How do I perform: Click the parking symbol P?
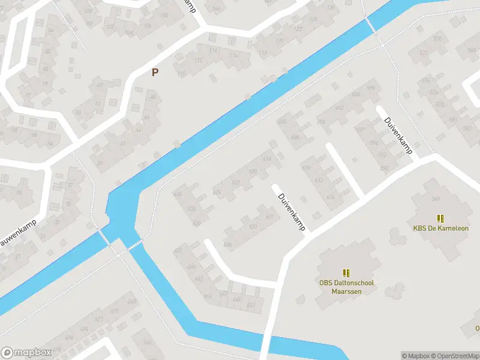click(x=155, y=73)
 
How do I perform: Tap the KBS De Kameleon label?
click(x=441, y=228)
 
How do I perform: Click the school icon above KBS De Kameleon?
click(x=441, y=218)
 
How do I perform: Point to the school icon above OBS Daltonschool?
click(x=346, y=273)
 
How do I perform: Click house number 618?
click(x=267, y=158)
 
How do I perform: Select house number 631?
click(x=269, y=217)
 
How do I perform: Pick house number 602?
click(x=340, y=108)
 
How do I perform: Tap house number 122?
click(x=298, y=29)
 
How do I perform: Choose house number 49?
click(x=100, y=85)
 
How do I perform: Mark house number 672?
click(x=425, y=53)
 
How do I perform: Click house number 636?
click(x=227, y=244)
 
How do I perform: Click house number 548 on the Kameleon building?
click(x=436, y=199)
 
